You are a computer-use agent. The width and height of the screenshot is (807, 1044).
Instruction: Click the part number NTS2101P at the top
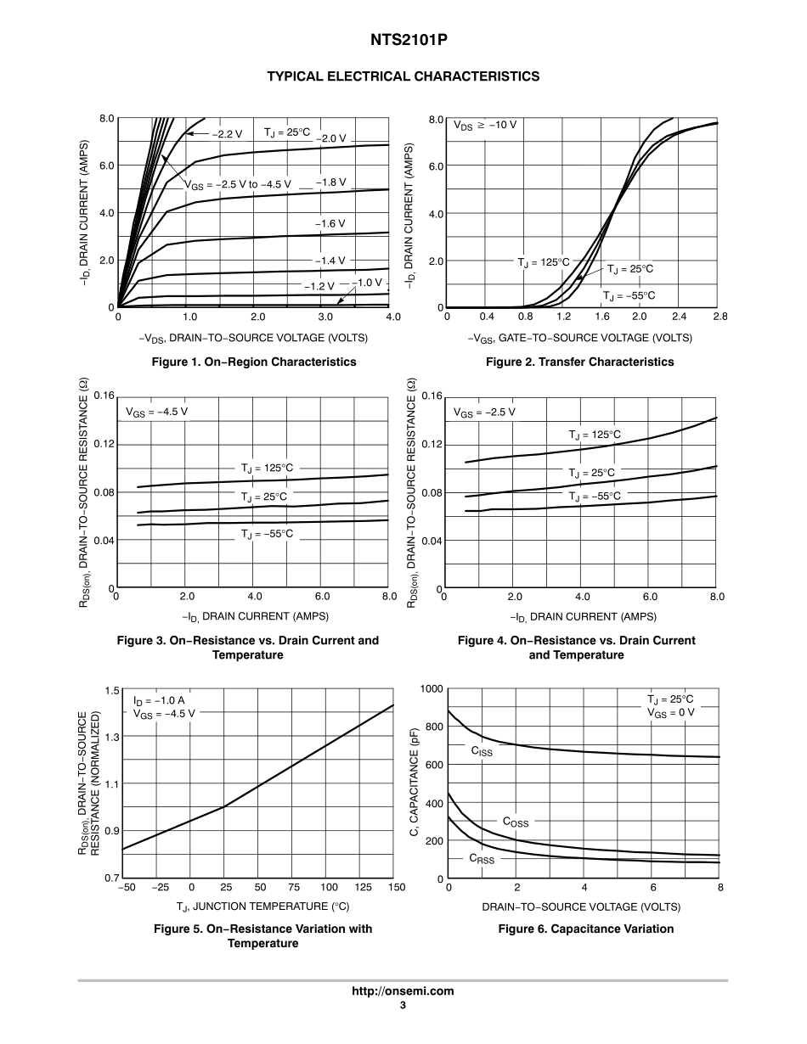click(x=403, y=40)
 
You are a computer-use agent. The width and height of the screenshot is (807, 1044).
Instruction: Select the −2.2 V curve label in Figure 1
click(x=227, y=134)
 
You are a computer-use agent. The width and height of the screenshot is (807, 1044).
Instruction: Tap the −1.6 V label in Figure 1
click(x=330, y=223)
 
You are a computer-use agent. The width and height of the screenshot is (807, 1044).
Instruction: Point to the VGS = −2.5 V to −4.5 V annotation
click(x=238, y=183)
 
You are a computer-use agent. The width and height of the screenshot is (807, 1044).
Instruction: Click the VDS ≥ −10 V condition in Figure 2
click(x=485, y=125)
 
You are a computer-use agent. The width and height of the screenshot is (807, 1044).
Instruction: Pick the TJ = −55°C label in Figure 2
click(x=629, y=295)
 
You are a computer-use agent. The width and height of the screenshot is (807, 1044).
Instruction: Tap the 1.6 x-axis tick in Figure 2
click(x=601, y=317)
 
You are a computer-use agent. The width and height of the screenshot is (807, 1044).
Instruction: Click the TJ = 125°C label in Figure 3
click(x=267, y=468)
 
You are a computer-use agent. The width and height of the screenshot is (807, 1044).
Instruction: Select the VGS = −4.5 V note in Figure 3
click(x=157, y=412)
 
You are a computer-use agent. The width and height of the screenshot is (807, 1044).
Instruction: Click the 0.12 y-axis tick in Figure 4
click(x=432, y=444)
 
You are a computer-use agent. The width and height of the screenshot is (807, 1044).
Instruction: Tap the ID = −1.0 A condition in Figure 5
click(x=159, y=701)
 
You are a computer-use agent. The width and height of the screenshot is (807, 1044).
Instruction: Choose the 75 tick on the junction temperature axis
click(x=294, y=887)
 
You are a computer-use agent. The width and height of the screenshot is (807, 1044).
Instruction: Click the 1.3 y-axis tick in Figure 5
click(x=112, y=736)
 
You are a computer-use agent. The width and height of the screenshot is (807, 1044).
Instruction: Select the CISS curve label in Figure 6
click(x=482, y=751)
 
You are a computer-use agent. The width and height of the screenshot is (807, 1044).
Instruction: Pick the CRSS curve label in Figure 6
click(x=481, y=859)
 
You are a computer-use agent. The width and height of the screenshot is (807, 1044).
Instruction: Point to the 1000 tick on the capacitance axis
click(x=432, y=688)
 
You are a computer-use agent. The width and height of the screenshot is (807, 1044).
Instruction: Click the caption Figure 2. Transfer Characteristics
click(x=579, y=362)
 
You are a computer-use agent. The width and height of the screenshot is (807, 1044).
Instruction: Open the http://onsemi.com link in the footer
click(x=403, y=991)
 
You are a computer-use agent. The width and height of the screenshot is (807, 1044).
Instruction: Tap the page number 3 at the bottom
click(x=403, y=1006)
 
